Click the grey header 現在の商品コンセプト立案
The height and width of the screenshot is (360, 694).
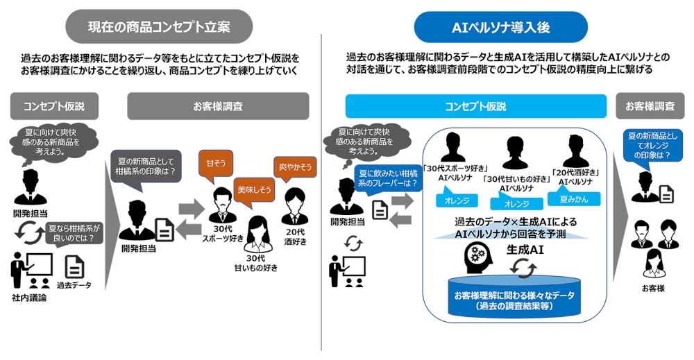click(159, 27)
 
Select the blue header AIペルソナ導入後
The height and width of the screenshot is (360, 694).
click(500, 27)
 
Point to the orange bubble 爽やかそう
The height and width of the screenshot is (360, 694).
click(294, 167)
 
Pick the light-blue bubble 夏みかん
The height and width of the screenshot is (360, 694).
click(576, 199)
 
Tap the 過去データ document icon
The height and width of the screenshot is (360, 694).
click(75, 266)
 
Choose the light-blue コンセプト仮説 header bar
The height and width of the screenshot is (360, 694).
click(475, 106)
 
